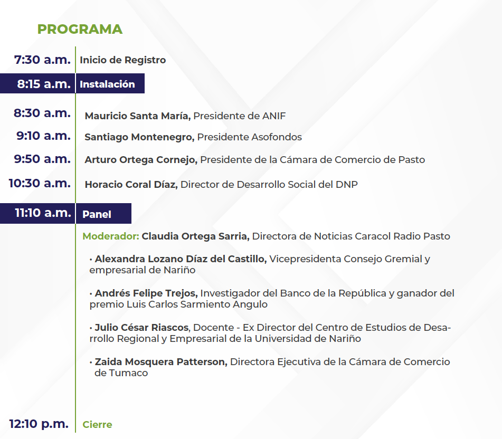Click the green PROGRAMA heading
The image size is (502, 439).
(x=80, y=29)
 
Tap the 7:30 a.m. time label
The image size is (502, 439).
(x=42, y=60)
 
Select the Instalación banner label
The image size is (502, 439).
(x=107, y=84)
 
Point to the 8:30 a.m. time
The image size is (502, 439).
(x=42, y=113)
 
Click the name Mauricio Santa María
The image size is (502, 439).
(x=138, y=116)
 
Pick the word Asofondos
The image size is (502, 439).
(x=277, y=137)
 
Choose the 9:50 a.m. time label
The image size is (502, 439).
(x=42, y=159)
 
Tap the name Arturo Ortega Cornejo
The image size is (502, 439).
(x=141, y=160)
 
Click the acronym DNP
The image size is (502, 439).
(x=346, y=184)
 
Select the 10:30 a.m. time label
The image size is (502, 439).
(x=40, y=183)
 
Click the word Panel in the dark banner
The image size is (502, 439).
(x=97, y=214)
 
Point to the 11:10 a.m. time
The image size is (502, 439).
(x=43, y=213)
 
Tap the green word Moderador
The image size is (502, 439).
(x=111, y=236)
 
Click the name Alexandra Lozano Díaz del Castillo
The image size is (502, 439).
(x=181, y=259)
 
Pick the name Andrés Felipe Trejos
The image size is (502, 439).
(x=146, y=293)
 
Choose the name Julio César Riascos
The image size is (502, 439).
(x=142, y=327)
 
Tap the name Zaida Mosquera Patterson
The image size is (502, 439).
(x=161, y=362)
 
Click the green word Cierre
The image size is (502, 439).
(x=97, y=425)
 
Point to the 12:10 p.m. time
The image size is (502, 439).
(x=39, y=424)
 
